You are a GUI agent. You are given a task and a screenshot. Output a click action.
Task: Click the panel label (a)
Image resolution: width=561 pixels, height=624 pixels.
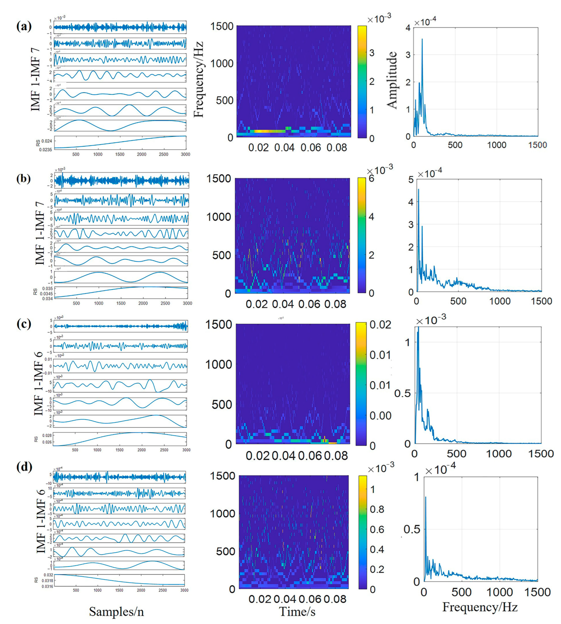tap(24, 27)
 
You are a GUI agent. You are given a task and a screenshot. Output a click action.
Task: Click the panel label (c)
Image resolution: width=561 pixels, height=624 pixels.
tap(24, 324)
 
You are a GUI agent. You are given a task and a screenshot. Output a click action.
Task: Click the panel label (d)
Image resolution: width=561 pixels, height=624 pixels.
tap(24, 467)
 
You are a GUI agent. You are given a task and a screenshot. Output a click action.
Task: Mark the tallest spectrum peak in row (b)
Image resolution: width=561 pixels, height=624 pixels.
tap(419, 189)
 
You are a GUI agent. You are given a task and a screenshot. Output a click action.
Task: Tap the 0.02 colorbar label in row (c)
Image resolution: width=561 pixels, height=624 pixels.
tap(381, 325)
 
